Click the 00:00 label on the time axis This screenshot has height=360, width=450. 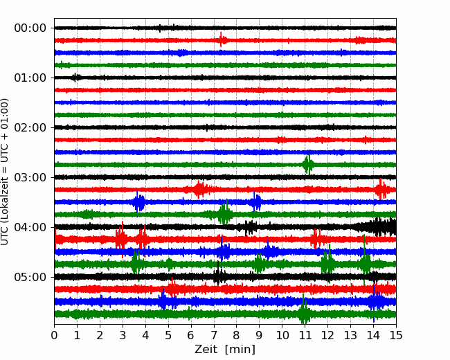[x=30, y=28]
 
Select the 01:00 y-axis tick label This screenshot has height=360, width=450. [x=30, y=78]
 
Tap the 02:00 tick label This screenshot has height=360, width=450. [x=30, y=128]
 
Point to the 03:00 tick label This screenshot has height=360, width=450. [x=30, y=177]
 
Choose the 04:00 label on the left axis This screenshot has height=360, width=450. [x=30, y=227]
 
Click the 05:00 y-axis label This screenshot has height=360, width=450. [x=30, y=277]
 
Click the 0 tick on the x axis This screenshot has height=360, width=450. [x=54, y=335]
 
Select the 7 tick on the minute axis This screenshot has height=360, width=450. [x=214, y=335]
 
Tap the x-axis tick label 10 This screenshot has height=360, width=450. [x=282, y=335]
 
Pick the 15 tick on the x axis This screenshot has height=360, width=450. [x=396, y=335]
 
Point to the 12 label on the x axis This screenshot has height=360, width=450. [x=327, y=335]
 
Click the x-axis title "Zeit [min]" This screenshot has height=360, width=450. [x=225, y=350]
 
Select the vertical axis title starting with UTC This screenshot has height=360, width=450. [x=5, y=172]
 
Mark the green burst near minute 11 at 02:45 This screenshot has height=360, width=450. [x=308, y=165]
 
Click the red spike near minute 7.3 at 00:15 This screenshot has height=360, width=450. [x=221, y=39]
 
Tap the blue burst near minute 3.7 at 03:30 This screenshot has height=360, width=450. [x=138, y=202]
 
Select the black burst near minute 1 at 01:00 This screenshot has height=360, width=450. [x=75, y=78]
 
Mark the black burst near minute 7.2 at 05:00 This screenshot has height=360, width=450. [x=219, y=276]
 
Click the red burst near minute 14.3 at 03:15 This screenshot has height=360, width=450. [x=381, y=189]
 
